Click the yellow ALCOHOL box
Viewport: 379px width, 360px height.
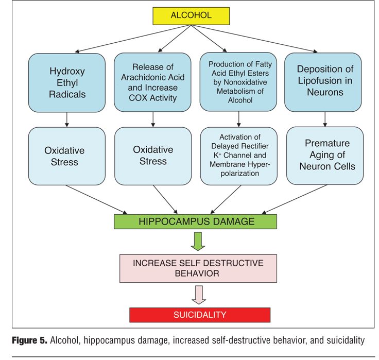pos(191,16)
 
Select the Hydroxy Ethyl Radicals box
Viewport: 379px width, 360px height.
pos(67,82)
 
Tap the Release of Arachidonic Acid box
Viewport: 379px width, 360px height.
pos(153,82)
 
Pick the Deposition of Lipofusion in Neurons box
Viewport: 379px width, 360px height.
pos(324,82)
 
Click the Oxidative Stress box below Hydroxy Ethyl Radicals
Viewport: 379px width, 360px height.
pos(67,156)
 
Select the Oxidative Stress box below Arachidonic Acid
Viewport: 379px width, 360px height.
pos(153,156)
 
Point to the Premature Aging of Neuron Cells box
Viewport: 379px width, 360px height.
pos(324,156)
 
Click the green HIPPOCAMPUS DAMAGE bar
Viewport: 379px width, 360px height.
pos(195,221)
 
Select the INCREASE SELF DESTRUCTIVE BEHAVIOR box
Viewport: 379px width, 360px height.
pos(198,268)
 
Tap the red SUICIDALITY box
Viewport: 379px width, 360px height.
pos(199,315)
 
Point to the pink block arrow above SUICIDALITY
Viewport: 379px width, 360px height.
pos(199,295)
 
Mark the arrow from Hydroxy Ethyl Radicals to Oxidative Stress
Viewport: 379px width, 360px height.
pos(67,119)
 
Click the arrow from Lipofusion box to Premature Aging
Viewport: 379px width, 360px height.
pos(324,119)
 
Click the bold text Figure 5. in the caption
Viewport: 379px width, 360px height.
pos(32,340)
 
